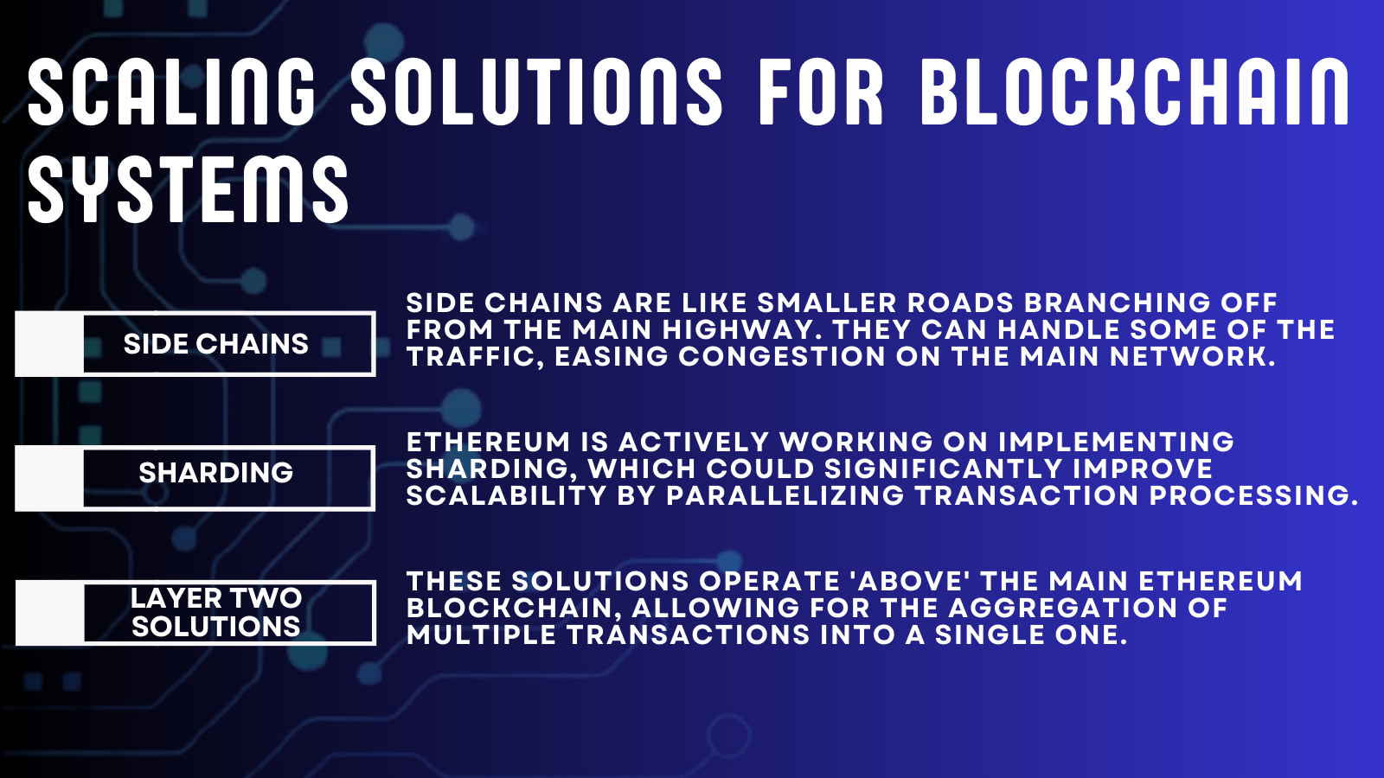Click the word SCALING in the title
pyautogui.click(x=172, y=92)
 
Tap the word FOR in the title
pyautogui.click(x=821, y=92)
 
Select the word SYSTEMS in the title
pyautogui.click(x=188, y=189)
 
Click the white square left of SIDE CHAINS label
pyautogui.click(x=49, y=344)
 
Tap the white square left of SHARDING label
pyautogui.click(x=49, y=478)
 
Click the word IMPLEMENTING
pyautogui.click(x=1117, y=442)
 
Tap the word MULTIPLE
pyautogui.click(x=481, y=635)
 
